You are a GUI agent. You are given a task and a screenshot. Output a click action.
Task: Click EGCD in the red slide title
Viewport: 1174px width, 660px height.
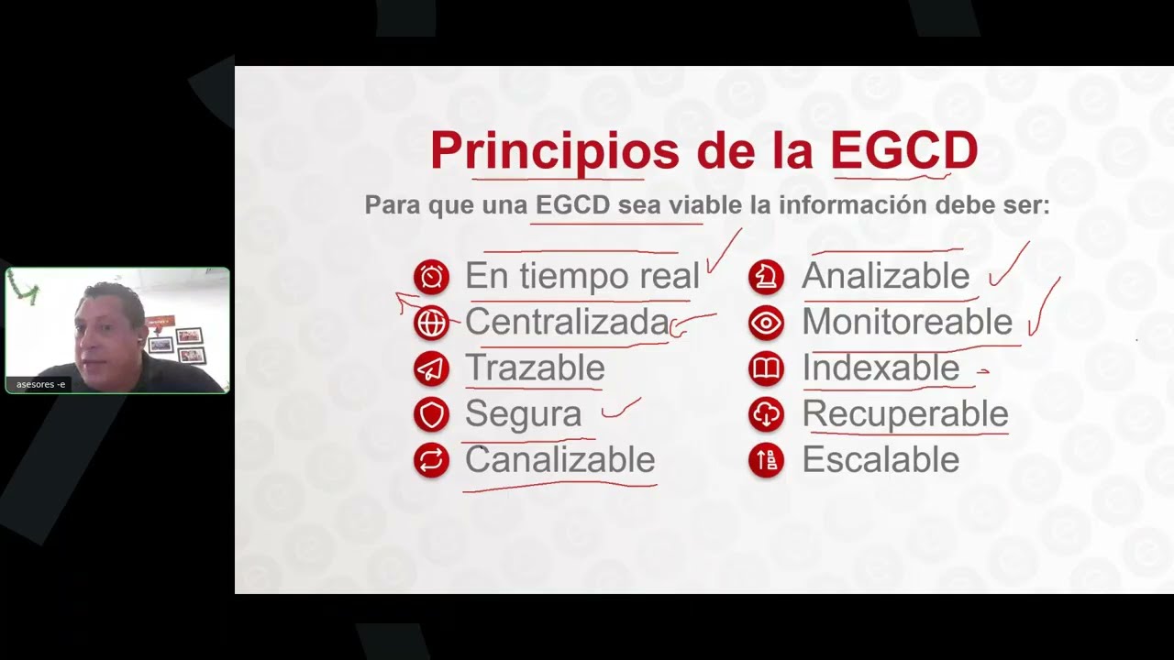pos(903,151)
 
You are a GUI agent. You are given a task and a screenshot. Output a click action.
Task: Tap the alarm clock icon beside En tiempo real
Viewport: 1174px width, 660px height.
pos(431,277)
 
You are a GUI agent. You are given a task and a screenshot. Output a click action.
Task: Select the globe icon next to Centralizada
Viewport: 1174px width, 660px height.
pos(431,323)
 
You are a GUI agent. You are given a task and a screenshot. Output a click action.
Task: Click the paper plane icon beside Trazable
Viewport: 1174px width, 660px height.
pos(431,368)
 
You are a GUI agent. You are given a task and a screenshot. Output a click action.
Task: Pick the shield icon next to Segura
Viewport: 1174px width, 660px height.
pos(431,414)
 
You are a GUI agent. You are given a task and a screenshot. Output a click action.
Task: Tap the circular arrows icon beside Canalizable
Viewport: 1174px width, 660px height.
pos(431,460)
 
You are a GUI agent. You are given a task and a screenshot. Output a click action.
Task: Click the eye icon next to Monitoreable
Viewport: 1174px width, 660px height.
pos(766,323)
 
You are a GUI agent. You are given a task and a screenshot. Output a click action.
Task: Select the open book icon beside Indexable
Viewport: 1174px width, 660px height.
pos(766,368)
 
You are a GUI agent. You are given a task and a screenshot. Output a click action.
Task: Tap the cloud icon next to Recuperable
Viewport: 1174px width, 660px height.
pos(766,414)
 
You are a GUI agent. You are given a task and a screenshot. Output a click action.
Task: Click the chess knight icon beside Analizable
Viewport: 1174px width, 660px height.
pos(766,277)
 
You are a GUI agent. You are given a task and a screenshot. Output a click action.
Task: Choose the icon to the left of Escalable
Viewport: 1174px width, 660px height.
pos(766,460)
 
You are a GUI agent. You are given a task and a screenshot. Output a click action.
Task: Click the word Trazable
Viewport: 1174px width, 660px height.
pos(535,368)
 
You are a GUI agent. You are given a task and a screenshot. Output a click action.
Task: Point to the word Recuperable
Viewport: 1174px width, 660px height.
pos(905,414)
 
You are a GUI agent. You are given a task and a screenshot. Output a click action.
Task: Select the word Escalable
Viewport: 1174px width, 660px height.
pos(880,460)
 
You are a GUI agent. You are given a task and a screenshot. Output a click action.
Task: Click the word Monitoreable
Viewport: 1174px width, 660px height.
pos(907,323)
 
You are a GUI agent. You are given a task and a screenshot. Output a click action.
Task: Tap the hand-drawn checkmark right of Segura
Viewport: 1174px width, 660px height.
pos(621,409)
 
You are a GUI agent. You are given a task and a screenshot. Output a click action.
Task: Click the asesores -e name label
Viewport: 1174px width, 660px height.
pos(41,384)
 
